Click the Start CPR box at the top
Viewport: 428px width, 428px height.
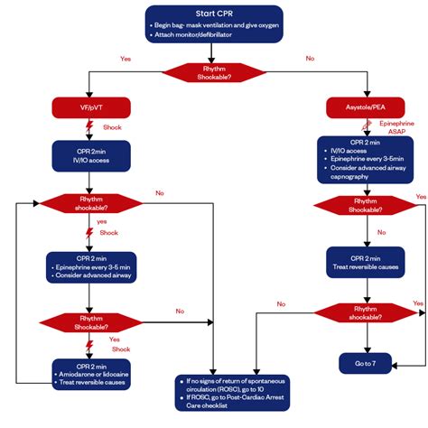point(213,23)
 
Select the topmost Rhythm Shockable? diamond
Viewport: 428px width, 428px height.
point(213,71)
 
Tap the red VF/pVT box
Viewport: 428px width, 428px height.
point(91,108)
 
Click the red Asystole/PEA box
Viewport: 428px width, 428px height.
point(366,108)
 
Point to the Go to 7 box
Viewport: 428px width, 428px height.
point(366,362)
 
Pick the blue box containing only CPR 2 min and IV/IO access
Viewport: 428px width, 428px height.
point(91,154)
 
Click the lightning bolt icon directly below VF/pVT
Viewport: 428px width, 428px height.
point(91,126)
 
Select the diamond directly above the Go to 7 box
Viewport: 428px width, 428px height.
point(366,312)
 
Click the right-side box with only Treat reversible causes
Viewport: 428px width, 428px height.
point(366,261)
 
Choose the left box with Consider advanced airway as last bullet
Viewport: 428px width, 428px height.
point(91,266)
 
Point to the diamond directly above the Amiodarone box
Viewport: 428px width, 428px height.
point(91,321)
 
